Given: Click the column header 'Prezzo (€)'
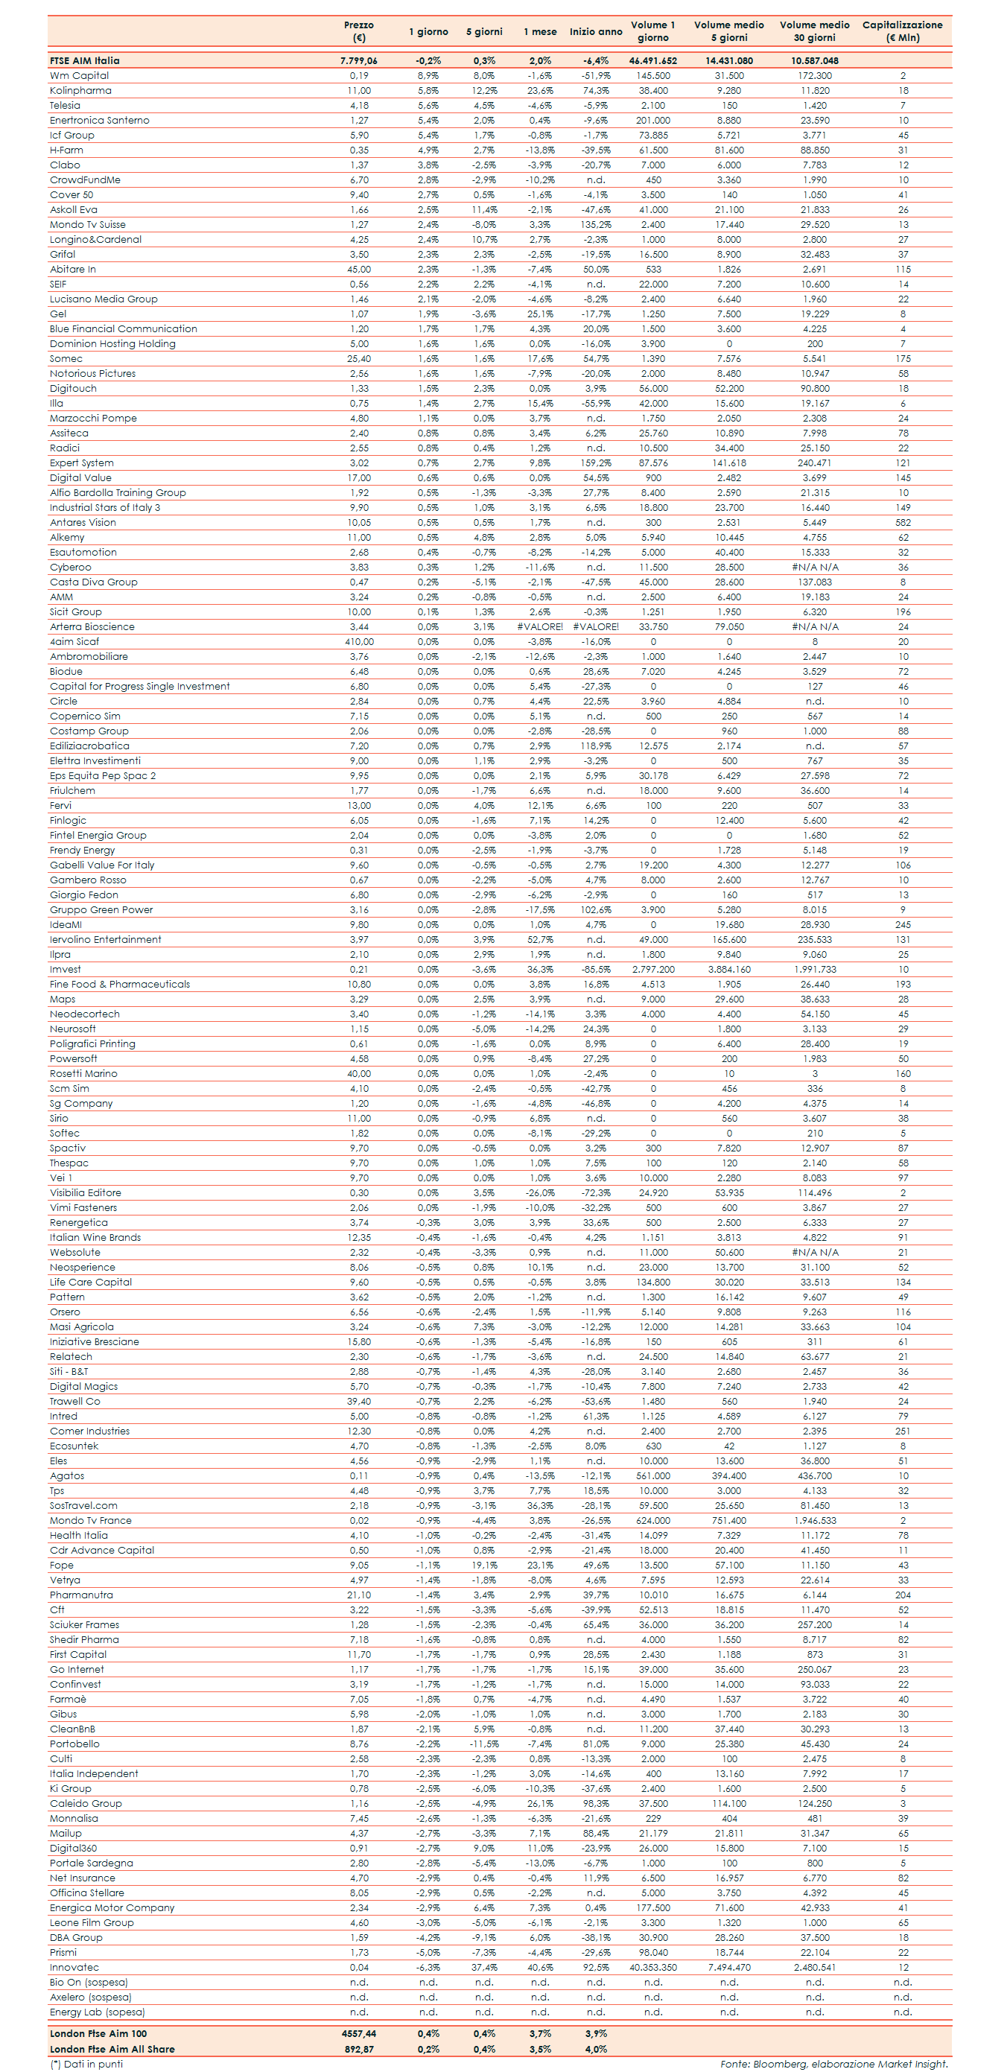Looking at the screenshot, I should [359, 31].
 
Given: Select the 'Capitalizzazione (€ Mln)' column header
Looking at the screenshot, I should [903, 31].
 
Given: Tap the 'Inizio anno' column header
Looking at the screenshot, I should [595, 32].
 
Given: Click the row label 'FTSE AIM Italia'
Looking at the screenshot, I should [84, 60].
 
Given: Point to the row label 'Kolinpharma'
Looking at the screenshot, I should [80, 91].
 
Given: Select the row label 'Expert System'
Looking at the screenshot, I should [81, 463].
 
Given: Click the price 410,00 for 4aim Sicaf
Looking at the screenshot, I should [359, 642].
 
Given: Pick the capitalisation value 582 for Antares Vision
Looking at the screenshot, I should [903, 523].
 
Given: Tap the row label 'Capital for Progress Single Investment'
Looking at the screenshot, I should [139, 687].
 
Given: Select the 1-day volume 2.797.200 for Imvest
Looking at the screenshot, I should [653, 970].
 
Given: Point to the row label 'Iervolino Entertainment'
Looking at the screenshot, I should [105, 940].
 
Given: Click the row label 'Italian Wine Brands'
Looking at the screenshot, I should [95, 1238].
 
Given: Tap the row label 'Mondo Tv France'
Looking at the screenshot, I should [90, 1521].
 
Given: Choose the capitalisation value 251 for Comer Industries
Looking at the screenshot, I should [903, 1431].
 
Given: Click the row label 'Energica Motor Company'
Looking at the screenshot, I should [112, 1908].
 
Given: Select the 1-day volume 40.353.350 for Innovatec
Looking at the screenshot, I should [653, 1968].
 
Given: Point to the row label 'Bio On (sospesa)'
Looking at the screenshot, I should [89, 1983].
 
